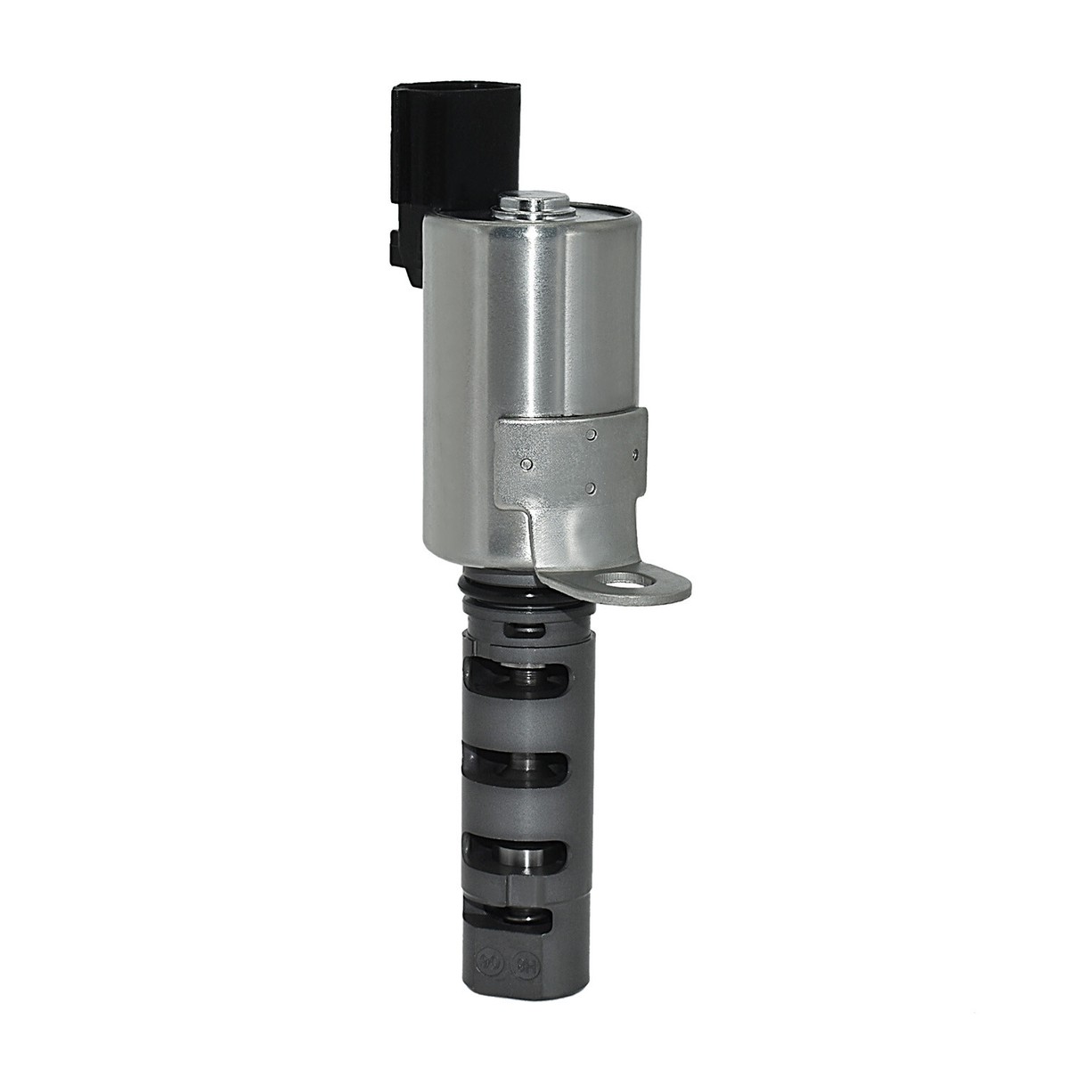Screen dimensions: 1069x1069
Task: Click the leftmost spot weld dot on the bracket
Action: [528, 464]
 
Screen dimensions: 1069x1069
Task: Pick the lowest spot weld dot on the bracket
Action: [591, 488]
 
